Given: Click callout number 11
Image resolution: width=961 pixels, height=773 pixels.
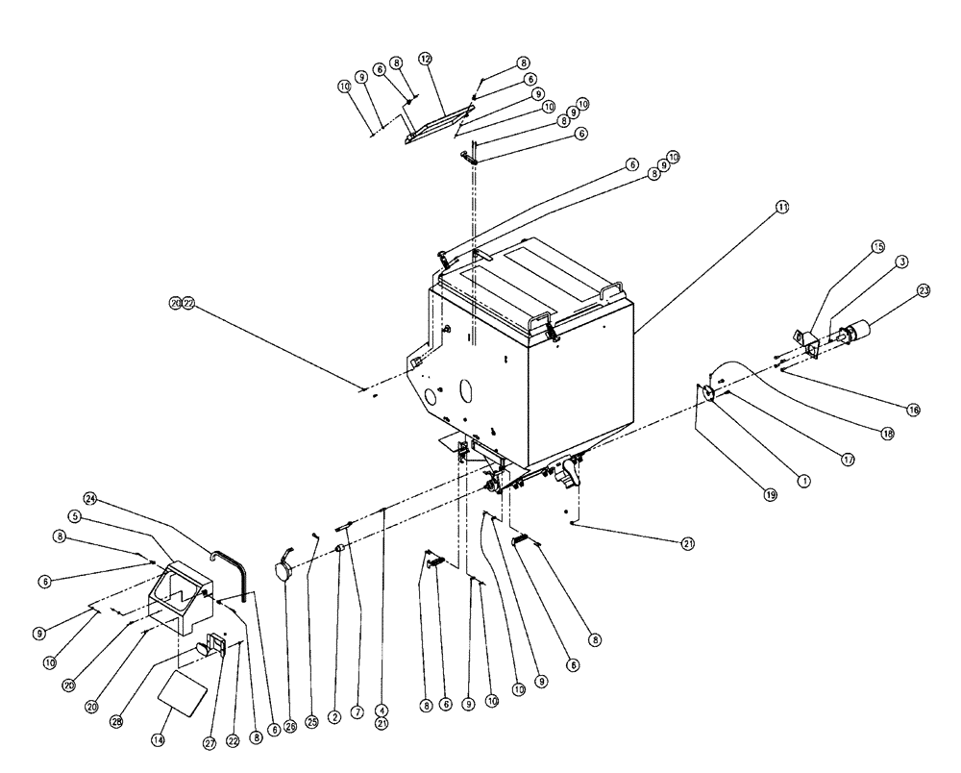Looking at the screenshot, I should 782,207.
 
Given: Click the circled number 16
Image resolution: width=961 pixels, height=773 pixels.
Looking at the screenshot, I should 913,410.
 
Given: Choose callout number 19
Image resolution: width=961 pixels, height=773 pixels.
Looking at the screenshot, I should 770,494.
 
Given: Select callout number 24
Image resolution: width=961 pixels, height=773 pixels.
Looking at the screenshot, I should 90,498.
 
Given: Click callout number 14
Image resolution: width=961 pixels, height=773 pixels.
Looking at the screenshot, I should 159,739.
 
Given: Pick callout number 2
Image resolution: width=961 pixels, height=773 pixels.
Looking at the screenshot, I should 334,717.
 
